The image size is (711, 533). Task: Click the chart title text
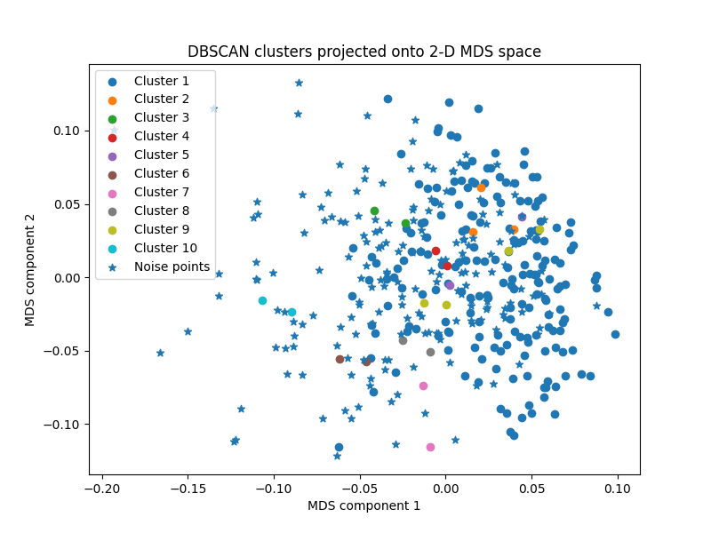point(363,52)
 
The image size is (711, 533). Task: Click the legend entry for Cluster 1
point(161,81)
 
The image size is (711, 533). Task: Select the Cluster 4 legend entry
point(161,137)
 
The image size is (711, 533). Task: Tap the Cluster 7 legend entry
point(161,192)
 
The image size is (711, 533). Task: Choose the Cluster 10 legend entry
point(165,248)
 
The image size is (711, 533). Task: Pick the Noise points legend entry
point(172,266)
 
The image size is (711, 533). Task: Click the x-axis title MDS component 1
point(363,505)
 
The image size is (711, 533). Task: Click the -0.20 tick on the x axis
point(102,487)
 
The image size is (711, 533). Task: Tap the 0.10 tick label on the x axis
point(618,487)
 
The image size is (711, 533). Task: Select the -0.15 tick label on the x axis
point(188,487)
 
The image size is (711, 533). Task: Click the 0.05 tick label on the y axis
point(67,204)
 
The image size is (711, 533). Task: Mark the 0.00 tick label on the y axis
point(67,277)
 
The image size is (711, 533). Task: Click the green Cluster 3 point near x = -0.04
point(374,211)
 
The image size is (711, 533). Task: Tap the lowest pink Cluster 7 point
point(430,447)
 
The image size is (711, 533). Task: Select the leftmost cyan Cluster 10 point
point(262,300)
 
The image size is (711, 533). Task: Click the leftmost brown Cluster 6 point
point(340,359)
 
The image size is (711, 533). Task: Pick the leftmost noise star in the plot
point(160,353)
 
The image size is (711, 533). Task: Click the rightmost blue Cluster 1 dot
point(615,334)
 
